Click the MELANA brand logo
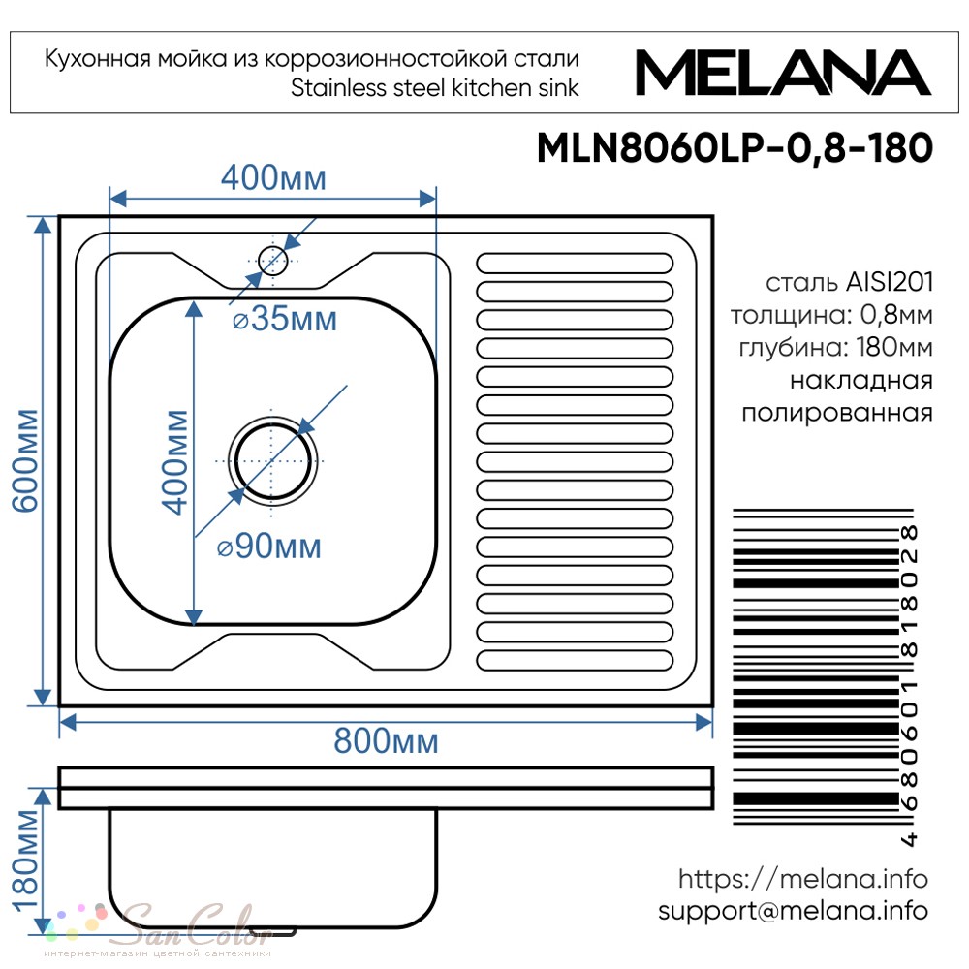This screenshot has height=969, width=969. [783, 73]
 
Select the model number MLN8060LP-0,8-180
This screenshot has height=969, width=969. [735, 148]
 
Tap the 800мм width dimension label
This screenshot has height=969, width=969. [387, 740]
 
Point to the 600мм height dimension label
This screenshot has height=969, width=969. [26, 460]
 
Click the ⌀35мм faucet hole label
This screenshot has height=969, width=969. [285, 319]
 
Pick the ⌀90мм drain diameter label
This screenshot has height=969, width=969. [269, 547]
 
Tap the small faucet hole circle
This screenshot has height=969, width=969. [273, 261]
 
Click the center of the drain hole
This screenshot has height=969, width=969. [272, 461]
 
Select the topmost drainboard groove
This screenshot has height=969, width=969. [575, 263]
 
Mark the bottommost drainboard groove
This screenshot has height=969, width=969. [575, 660]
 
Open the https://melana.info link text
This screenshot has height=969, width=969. [802, 879]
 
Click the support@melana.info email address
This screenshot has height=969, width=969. [793, 911]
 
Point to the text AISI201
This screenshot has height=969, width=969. [890, 282]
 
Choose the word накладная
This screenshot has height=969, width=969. [860, 380]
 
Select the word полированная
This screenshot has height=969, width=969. [837, 413]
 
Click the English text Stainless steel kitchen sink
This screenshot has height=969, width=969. [434, 88]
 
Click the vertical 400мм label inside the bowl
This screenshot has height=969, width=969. [174, 462]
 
